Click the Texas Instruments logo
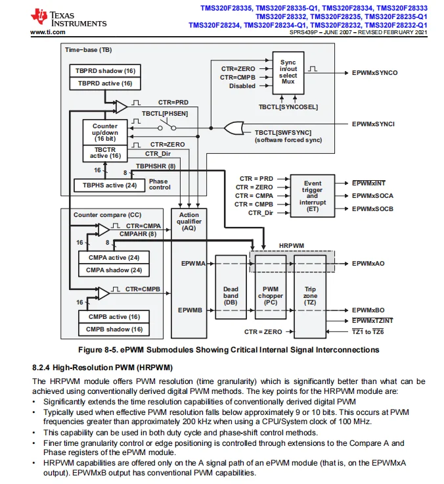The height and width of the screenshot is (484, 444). [68, 18]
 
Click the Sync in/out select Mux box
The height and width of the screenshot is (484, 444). [288, 73]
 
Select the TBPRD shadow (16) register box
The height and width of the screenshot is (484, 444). [105, 70]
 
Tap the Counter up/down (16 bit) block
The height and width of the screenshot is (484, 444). [105, 132]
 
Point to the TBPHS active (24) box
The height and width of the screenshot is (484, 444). [110, 185]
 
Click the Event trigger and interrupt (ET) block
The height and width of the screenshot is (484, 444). [313, 196]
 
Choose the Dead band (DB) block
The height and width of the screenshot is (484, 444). [231, 287]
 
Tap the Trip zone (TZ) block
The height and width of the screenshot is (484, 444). [310, 297]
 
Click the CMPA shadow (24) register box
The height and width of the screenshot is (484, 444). [114, 270]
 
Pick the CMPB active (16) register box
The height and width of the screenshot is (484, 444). [114, 317]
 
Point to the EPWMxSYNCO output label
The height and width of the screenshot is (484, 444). [375, 73]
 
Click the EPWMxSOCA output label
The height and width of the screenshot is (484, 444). [373, 196]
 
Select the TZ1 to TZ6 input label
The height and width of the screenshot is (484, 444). [368, 332]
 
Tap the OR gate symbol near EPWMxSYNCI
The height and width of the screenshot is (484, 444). [234, 128]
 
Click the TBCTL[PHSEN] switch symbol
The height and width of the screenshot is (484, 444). [167, 126]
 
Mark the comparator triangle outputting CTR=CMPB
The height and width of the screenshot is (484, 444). [104, 293]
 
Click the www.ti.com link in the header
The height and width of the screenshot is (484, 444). [48, 32]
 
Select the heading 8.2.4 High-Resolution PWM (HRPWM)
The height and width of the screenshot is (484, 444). [102, 368]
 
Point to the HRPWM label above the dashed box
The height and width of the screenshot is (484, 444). [292, 246]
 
